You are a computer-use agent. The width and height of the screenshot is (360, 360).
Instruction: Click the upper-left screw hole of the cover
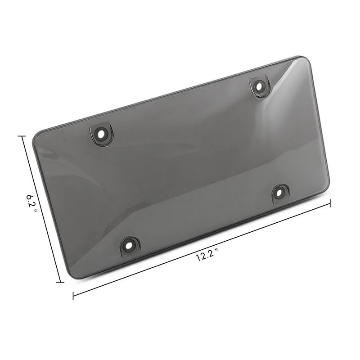coord(101,134)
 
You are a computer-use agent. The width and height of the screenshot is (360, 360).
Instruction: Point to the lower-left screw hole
coord(130,246)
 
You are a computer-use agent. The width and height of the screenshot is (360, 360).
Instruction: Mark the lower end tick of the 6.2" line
coord(60,282)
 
